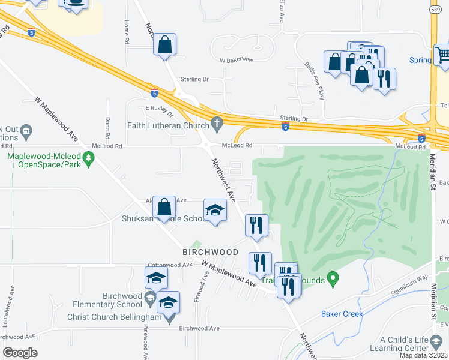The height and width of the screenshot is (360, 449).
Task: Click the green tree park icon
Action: point(89,158)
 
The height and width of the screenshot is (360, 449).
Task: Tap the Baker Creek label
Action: point(339,313)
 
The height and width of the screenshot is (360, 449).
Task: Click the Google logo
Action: point(20,353)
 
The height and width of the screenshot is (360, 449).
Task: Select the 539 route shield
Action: point(435,10)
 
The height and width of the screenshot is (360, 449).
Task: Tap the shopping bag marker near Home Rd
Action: point(164,44)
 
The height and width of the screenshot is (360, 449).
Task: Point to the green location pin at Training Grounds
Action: point(335,278)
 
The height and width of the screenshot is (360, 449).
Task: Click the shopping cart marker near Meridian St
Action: point(443,55)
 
